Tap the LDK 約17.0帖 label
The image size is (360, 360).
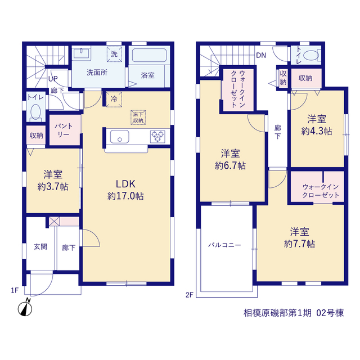coord(125,190)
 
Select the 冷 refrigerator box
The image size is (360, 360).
coord(114,99)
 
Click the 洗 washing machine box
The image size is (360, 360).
coord(114,54)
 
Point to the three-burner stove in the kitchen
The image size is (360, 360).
coord(157,136)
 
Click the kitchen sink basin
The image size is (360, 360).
coord(119,137)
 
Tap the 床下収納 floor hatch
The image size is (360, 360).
coord(138,118)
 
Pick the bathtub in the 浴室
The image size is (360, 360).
coord(149,55)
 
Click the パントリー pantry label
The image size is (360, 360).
coord(64,130)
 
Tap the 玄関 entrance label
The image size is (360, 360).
coord(40,247)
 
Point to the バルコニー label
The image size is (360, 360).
coord(224,245)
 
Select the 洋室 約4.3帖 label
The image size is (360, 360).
coord(317,125)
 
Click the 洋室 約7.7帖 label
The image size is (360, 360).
coord(299,237)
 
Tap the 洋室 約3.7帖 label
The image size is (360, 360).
coord(53,181)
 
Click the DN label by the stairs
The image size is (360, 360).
coord(261,55)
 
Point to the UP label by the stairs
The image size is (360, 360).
coord(53,79)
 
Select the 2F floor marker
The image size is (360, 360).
coord(189,295)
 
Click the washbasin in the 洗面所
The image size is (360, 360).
coord(81,53)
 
